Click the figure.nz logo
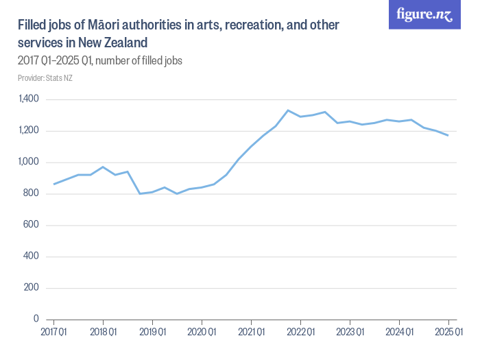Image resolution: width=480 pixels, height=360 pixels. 424,15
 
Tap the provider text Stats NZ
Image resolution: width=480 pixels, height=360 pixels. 59,78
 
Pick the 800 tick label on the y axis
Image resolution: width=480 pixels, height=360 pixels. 31,194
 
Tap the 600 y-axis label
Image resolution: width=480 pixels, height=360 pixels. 31,225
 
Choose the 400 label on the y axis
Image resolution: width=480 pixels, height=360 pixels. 31,256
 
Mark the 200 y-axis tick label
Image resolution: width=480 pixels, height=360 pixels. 31,288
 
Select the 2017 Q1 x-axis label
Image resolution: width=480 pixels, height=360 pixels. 53,333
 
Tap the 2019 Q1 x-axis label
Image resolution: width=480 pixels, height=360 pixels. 152,333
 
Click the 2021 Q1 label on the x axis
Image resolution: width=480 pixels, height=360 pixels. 251,333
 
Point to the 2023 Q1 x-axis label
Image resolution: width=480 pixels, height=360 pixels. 350,333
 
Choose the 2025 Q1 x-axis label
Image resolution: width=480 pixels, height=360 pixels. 448,333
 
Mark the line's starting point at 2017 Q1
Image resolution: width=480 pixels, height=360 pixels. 53,184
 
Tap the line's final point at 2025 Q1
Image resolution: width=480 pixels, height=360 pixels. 448,135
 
